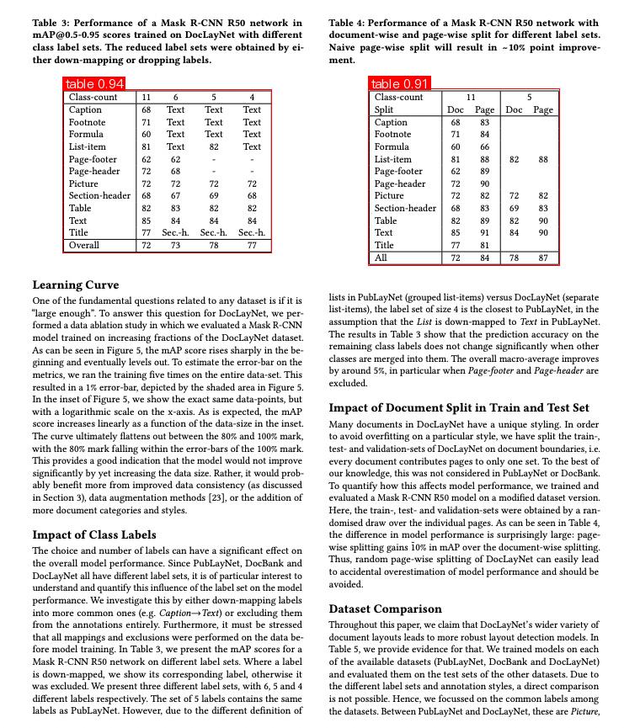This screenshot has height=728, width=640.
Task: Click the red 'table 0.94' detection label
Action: point(95,84)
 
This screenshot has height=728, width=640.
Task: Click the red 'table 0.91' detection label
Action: point(400,84)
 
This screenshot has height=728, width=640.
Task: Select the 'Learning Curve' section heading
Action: point(76,284)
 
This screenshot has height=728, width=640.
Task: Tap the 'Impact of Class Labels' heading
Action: point(95,534)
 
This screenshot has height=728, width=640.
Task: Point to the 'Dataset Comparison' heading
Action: point(385,608)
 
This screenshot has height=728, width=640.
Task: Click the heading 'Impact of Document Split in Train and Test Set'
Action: point(464,408)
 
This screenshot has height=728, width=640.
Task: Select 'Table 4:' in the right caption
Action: point(349,23)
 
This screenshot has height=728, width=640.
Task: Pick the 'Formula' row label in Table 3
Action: point(86,134)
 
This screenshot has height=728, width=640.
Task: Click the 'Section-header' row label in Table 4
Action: point(405,208)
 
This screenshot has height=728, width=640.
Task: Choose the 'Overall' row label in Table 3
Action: point(84,245)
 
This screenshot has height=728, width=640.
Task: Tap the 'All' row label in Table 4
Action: point(381,258)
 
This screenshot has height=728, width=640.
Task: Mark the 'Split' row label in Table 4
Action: point(384,109)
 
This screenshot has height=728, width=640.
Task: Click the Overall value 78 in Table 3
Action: point(214,245)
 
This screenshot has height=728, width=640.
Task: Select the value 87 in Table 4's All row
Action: point(543,258)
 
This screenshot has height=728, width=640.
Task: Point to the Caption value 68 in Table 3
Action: point(147,109)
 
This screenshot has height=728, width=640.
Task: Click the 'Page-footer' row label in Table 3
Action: point(93,158)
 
